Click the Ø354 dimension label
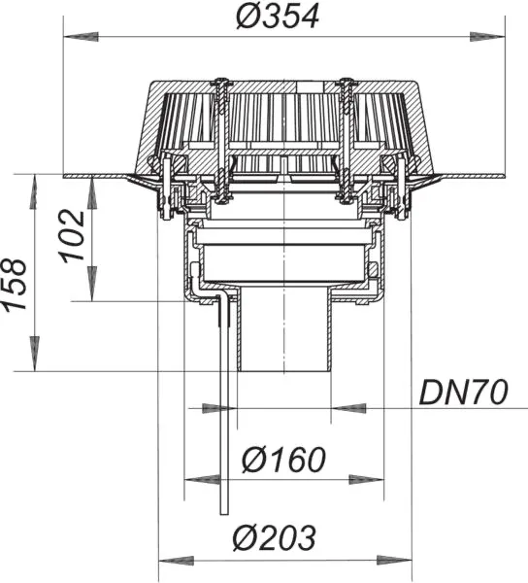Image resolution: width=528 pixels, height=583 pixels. click(278, 17)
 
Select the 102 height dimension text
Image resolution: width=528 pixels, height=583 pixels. click(72, 236)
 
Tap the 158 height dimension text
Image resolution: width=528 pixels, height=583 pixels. click(15, 285)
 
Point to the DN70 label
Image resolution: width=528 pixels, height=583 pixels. click(463, 393)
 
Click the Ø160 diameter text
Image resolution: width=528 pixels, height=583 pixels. click(283, 460)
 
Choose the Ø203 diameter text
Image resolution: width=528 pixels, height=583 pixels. click(275, 537)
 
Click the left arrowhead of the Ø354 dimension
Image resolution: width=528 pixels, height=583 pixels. click(81, 37)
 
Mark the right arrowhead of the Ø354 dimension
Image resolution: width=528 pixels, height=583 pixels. click(487, 37)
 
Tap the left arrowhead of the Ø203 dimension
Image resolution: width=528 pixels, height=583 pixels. click(176, 561)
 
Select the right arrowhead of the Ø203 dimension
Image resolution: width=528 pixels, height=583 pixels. click(394, 561)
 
